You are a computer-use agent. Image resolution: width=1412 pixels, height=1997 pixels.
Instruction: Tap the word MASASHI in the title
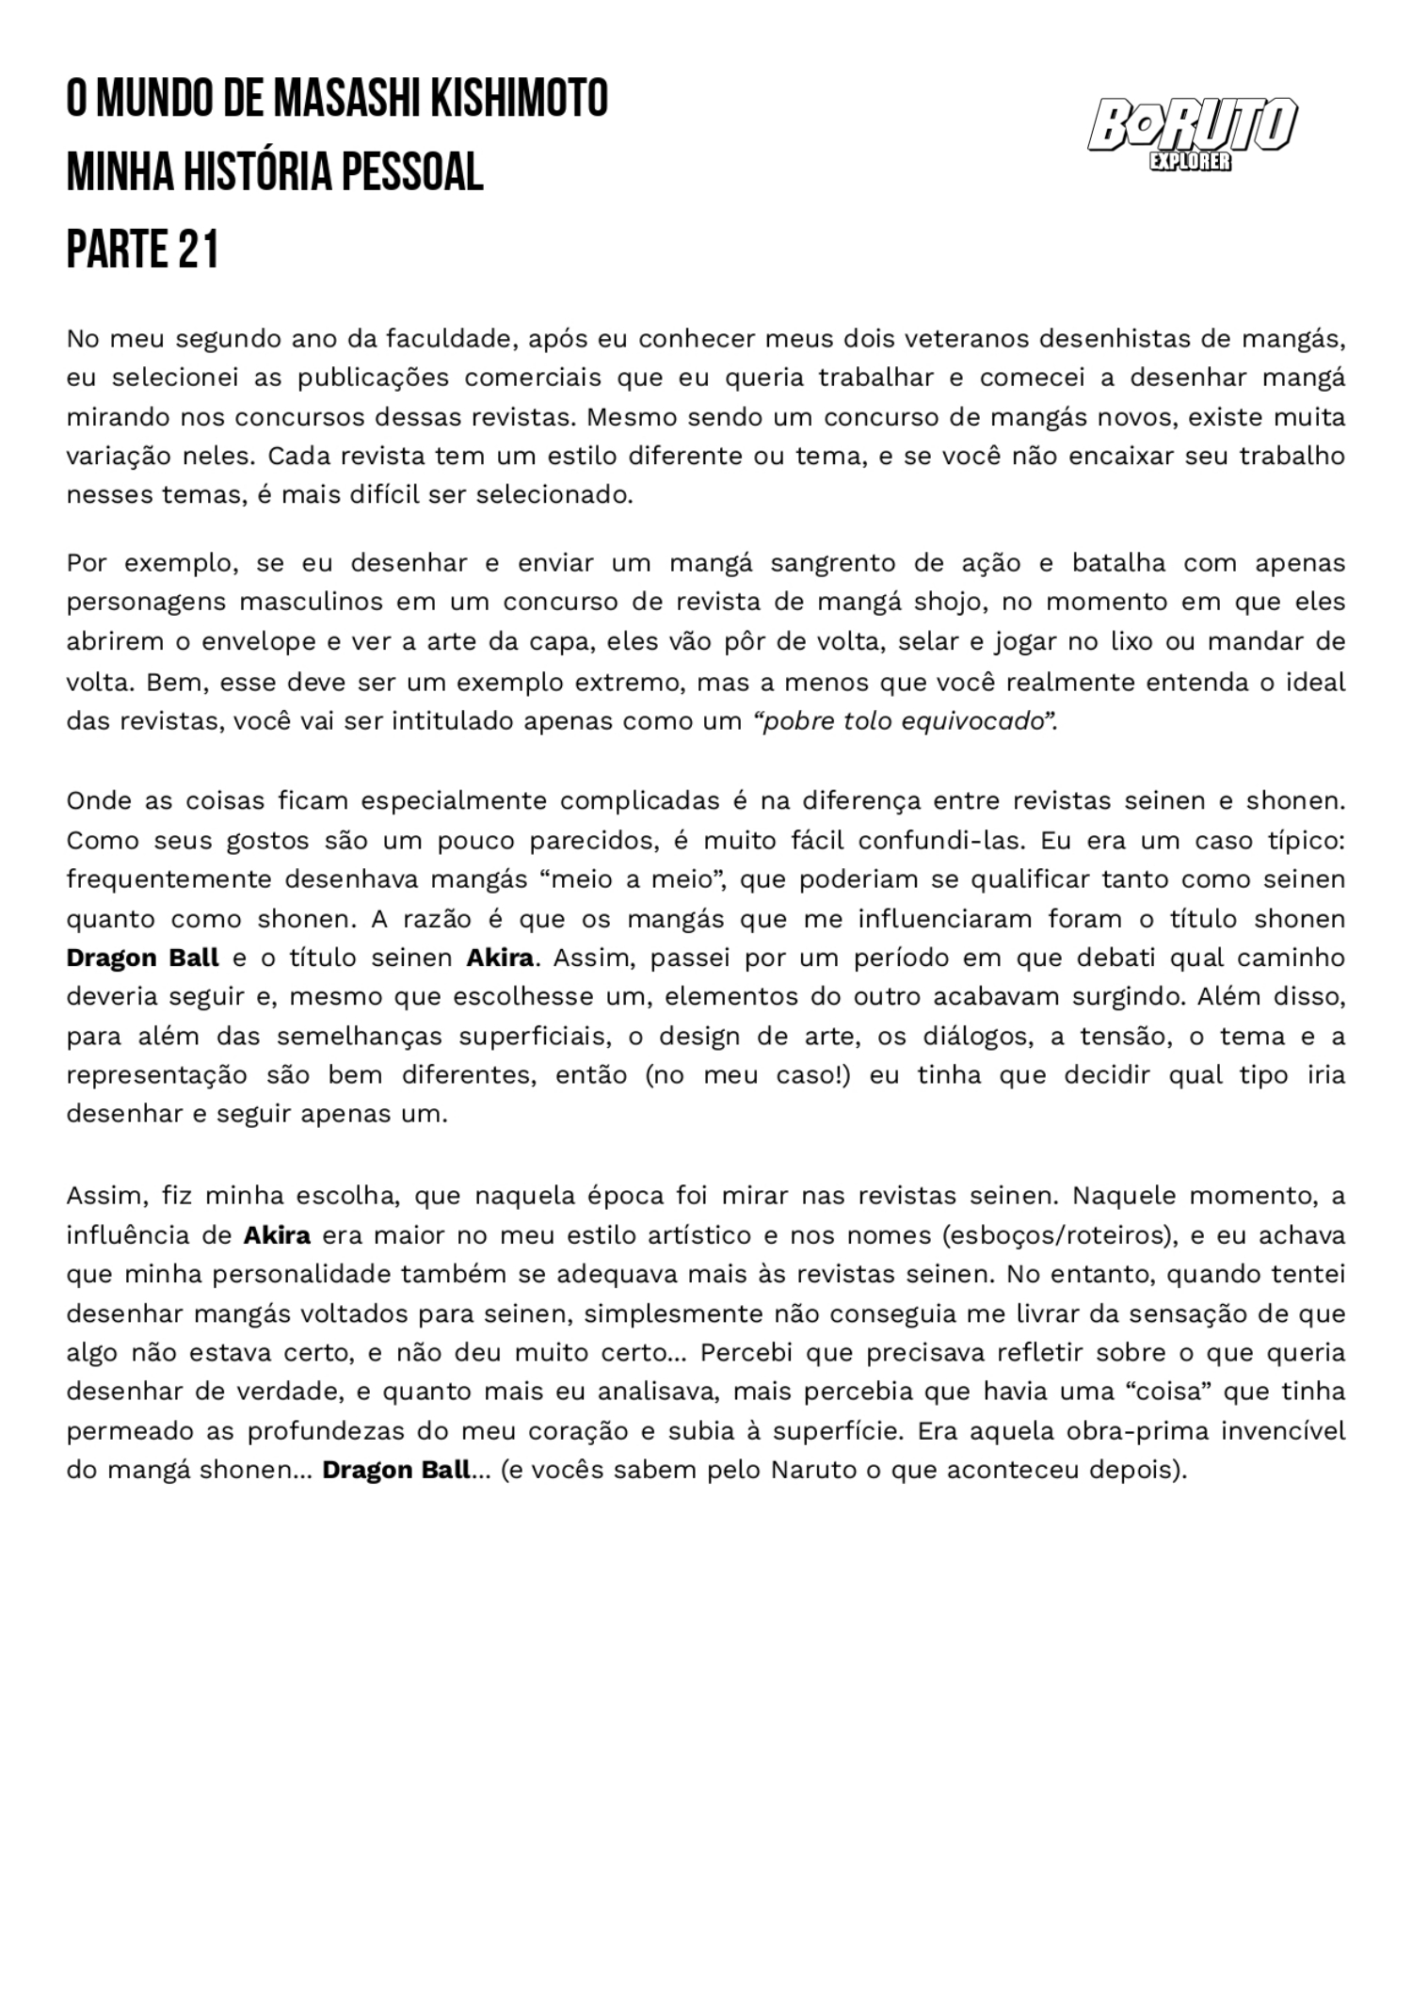[349, 99]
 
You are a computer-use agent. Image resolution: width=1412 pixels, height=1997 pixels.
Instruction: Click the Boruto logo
[1192, 127]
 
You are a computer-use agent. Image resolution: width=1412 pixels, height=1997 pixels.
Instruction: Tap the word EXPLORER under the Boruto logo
[1190, 162]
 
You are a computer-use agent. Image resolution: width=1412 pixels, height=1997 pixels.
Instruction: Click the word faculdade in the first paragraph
[447, 338]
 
